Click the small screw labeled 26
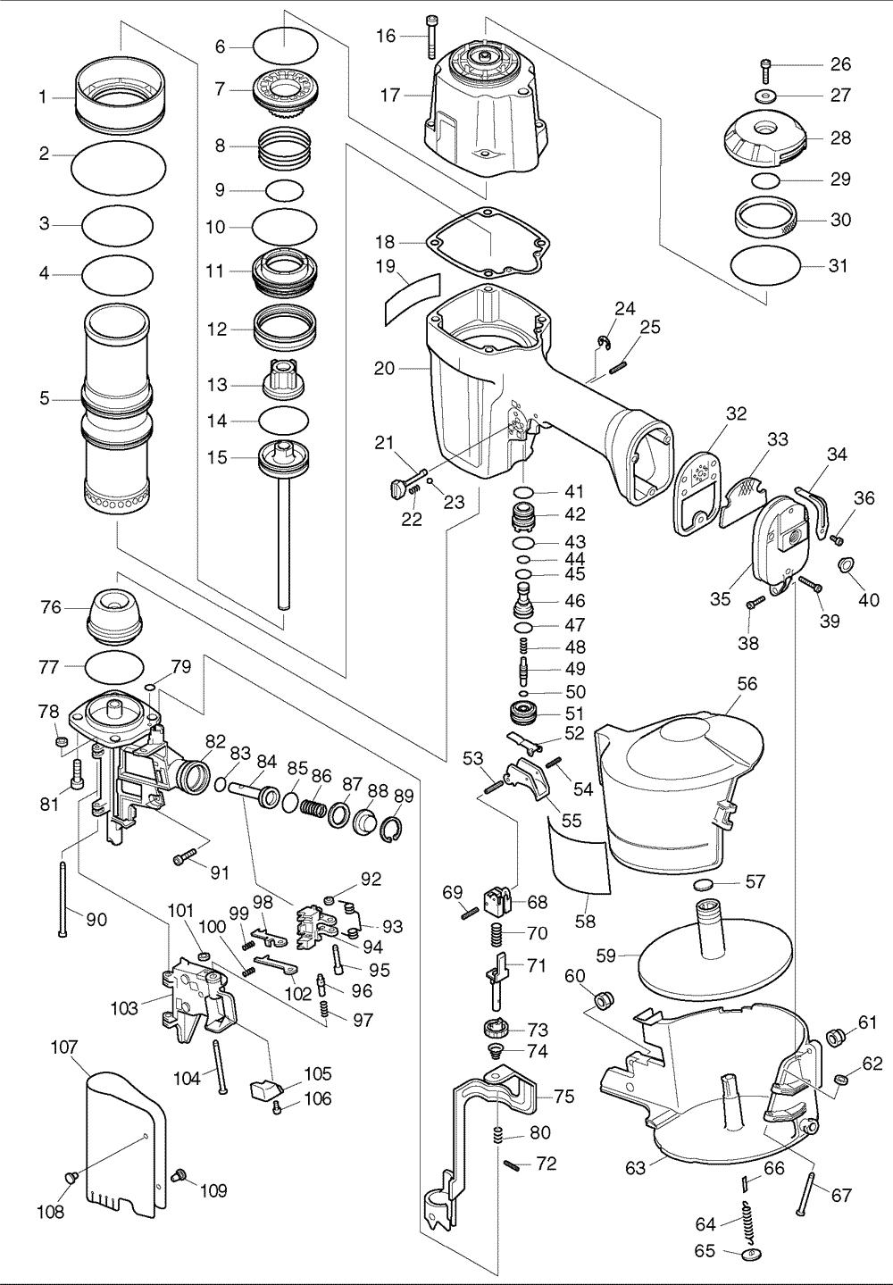click(765, 65)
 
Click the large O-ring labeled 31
click(764, 265)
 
